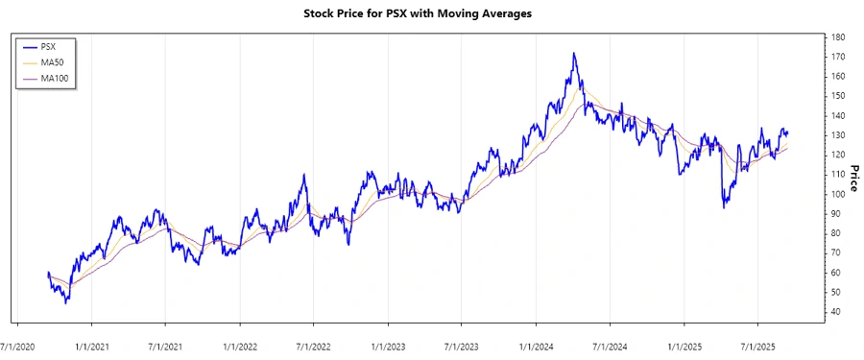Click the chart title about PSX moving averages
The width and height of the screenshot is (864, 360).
point(431,13)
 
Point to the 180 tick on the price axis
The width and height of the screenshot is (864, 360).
point(839,36)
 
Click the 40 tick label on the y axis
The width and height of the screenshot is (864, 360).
point(838,312)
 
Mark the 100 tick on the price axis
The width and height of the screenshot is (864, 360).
point(839,194)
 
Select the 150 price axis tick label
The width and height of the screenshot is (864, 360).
point(839,96)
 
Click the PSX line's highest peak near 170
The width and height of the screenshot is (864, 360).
point(574,54)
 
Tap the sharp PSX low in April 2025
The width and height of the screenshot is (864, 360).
point(724,207)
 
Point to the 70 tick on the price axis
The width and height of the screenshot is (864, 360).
point(838,252)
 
